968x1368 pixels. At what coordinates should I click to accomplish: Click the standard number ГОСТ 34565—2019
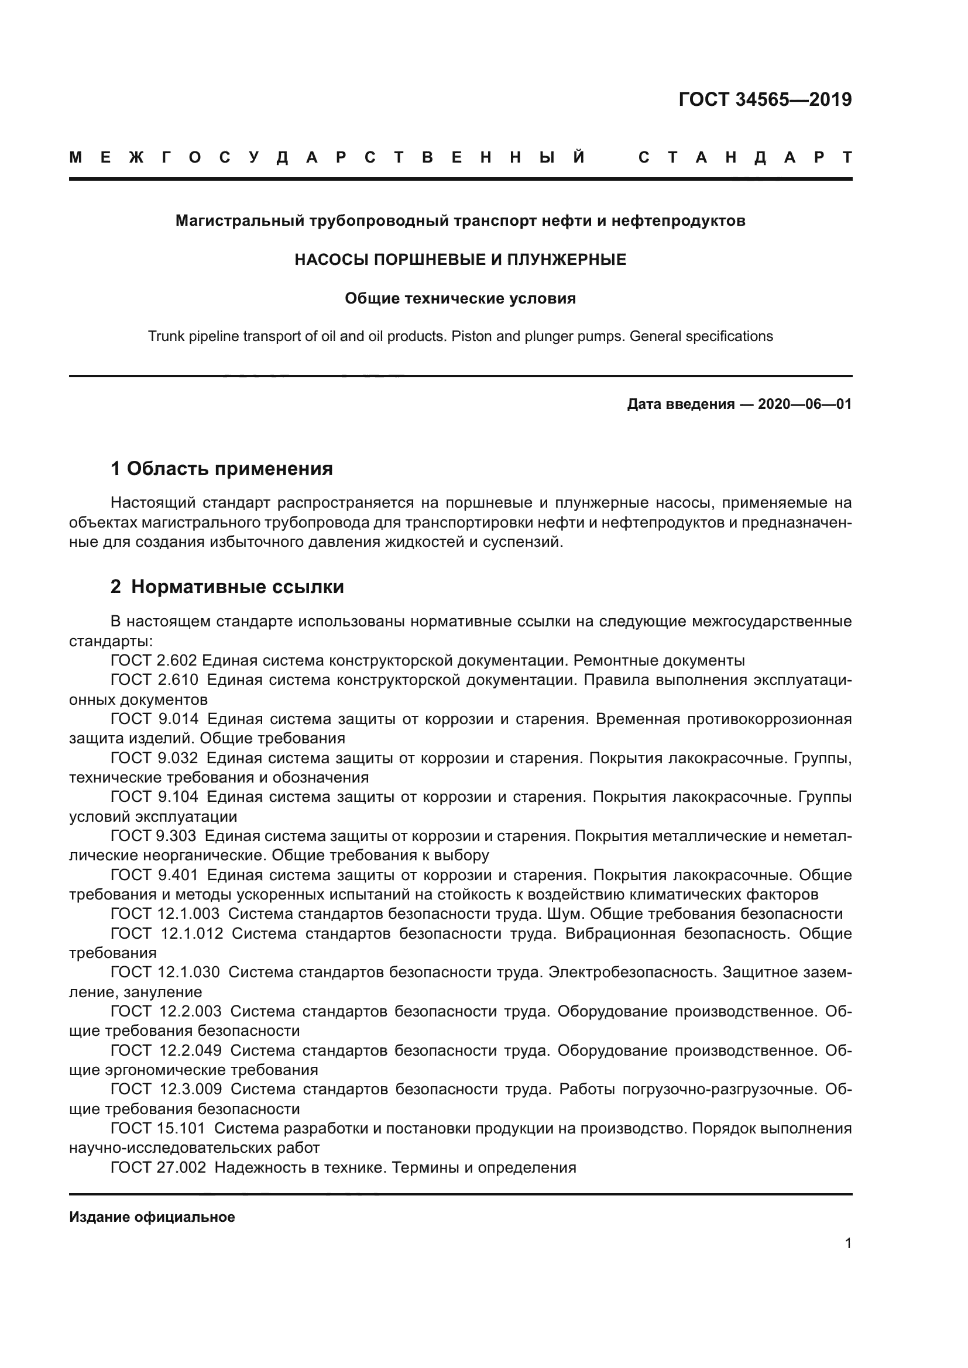[x=765, y=99]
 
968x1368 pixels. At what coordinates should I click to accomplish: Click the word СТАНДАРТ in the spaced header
[x=744, y=157]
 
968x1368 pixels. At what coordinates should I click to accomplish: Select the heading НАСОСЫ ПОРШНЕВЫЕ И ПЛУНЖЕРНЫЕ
[x=460, y=260]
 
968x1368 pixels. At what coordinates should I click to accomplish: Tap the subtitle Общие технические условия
[x=460, y=298]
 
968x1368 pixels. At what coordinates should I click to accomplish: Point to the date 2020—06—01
[x=804, y=405]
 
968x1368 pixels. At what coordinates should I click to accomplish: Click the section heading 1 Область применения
[x=222, y=469]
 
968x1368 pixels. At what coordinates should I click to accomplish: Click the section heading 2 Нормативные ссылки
[x=227, y=587]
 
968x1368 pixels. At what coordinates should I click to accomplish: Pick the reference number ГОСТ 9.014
[x=155, y=719]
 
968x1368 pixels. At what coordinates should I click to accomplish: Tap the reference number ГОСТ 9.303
[x=155, y=836]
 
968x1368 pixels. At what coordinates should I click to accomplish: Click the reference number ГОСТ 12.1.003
[x=165, y=914]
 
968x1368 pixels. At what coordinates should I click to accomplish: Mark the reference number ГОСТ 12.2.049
[x=166, y=1050]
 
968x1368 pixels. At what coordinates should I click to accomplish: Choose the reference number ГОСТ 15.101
[x=158, y=1128]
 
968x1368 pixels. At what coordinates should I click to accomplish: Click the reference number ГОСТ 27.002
[x=159, y=1167]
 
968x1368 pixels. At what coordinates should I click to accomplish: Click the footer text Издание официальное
[x=152, y=1217]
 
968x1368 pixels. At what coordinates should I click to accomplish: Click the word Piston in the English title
[x=471, y=337]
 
